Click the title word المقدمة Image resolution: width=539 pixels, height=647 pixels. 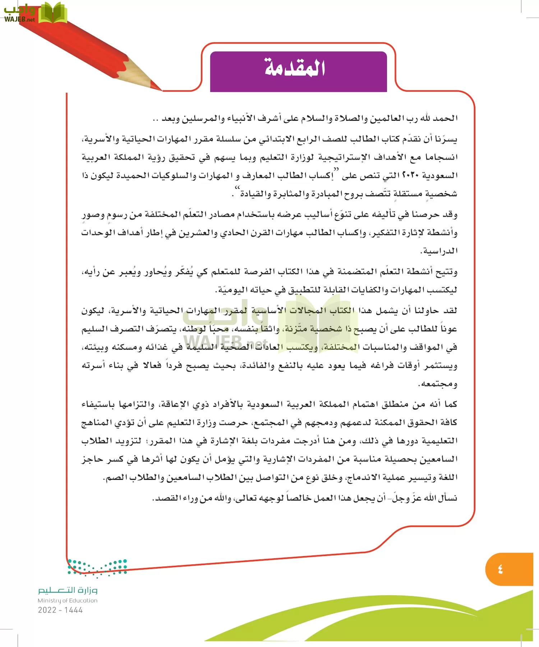[x=295, y=67]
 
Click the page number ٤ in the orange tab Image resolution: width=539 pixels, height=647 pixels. [x=500, y=569]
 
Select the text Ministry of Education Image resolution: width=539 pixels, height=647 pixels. [x=68, y=600]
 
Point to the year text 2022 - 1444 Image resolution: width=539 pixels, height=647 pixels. [x=60, y=610]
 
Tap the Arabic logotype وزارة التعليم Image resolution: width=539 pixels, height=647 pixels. [x=68, y=590]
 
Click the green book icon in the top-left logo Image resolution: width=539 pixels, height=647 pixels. [x=52, y=13]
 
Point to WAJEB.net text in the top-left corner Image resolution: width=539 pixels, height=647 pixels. [x=20, y=19]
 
